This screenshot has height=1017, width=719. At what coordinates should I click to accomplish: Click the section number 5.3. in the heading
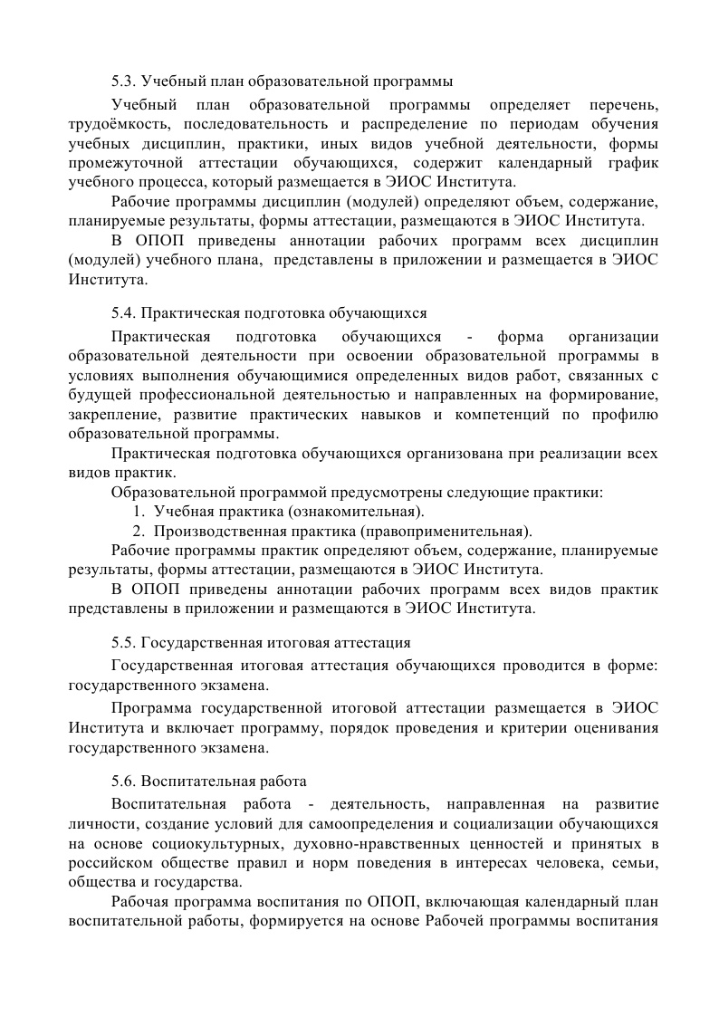pyautogui.click(x=124, y=81)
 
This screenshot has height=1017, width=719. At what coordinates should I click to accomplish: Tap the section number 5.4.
pyautogui.click(x=124, y=313)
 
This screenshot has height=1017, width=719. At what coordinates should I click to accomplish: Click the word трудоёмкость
pyautogui.click(x=109, y=123)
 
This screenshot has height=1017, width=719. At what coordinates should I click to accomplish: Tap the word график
pyautogui.click(x=633, y=163)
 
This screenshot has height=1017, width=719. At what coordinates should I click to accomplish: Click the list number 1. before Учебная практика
pyautogui.click(x=139, y=512)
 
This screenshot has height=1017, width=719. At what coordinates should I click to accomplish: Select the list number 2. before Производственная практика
pyautogui.click(x=139, y=531)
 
